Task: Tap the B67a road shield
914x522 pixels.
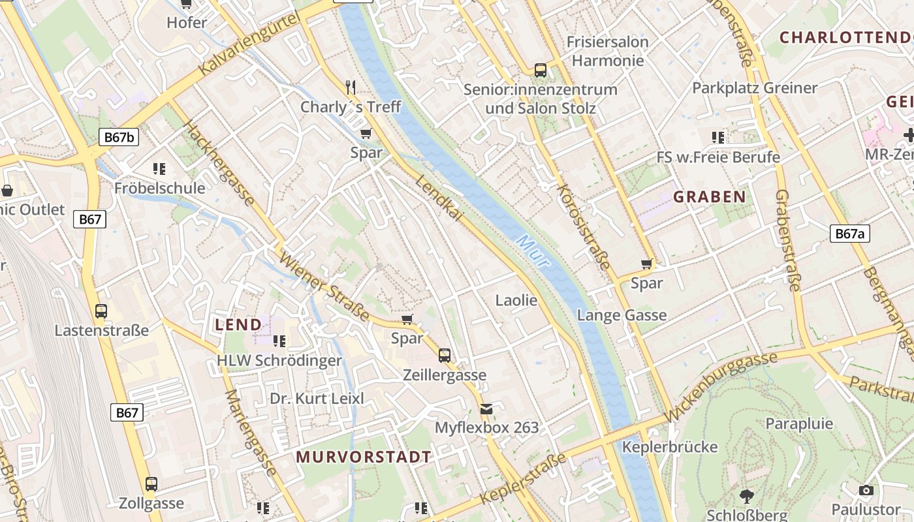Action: coord(850,234)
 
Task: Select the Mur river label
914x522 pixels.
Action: coord(533,251)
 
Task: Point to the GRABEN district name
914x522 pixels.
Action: coord(709,196)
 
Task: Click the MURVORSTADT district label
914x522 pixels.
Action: coord(364,457)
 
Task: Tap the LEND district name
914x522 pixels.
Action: coord(238,324)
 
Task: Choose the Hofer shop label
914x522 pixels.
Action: coord(187,22)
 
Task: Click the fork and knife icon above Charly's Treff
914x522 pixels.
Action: coord(351,87)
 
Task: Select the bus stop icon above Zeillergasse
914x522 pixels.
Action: coord(445,356)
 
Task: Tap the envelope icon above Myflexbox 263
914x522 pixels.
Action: coord(486,409)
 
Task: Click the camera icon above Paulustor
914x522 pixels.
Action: coord(866,490)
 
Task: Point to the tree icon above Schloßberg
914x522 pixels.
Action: coord(747,497)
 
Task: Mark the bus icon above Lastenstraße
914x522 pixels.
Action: coord(101,311)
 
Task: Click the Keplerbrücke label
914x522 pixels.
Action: coord(670,447)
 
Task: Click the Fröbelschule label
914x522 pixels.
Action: coord(159,189)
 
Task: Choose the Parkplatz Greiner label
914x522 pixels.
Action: coord(755,87)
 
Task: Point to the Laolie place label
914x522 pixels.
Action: coord(516,300)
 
